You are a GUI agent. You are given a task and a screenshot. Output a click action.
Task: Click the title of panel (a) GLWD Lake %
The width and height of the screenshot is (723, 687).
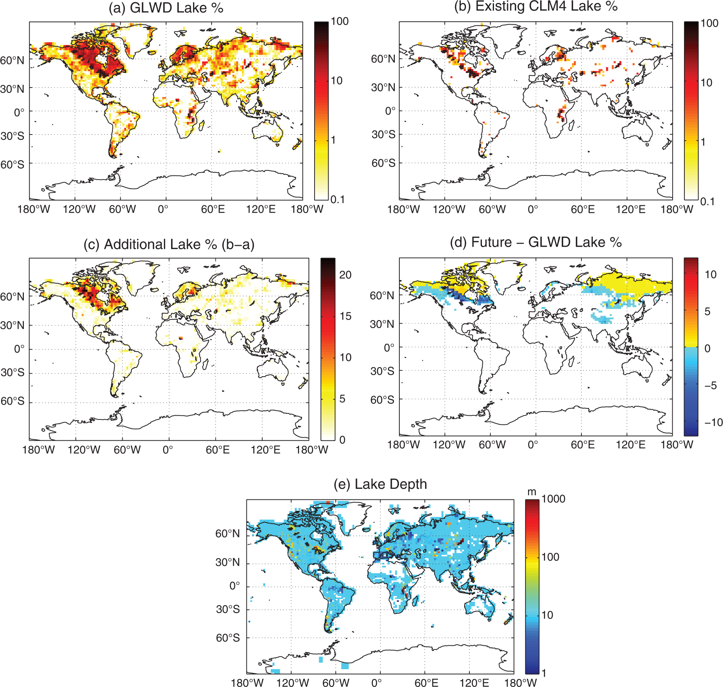click(166, 8)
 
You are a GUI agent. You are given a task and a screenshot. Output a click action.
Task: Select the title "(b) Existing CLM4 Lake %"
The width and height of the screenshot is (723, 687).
click(536, 6)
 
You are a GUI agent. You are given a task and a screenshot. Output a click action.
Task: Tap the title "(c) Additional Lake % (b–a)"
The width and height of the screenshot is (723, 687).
click(169, 244)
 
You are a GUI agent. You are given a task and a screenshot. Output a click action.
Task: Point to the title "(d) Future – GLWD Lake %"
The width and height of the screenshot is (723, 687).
click(536, 242)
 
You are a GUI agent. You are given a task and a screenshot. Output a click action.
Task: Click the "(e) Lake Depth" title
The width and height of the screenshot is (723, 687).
click(380, 484)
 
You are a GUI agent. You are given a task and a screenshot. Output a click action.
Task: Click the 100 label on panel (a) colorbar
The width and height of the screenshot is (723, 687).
click(340, 21)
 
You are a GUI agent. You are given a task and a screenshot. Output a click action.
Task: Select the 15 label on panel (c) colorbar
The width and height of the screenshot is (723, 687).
click(345, 316)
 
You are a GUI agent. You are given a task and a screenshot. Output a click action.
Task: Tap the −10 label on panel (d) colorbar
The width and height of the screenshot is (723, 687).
click(714, 422)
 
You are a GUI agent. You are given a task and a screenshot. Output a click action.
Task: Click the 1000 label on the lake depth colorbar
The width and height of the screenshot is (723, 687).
click(553, 499)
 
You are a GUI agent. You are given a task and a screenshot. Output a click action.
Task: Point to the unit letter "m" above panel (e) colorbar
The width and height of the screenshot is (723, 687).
click(532, 492)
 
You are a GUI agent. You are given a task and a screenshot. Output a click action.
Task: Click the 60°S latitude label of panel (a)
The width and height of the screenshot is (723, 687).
click(12, 164)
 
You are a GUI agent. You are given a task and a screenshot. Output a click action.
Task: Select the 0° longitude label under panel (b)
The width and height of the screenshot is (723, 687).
click(533, 209)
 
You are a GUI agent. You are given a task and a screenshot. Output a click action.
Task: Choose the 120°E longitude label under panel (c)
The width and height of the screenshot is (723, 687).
click(265, 450)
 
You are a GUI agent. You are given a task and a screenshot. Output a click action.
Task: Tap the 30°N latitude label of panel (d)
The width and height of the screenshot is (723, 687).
click(382, 324)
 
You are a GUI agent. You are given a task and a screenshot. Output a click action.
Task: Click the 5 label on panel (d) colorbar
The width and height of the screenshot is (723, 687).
click(707, 311)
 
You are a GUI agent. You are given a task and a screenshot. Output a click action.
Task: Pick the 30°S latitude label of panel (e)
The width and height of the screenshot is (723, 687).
click(228, 609)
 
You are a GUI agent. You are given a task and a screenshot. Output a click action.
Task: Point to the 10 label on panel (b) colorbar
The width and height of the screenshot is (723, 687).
click(706, 83)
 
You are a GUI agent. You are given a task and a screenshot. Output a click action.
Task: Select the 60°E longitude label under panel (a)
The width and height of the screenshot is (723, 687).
click(213, 209)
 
